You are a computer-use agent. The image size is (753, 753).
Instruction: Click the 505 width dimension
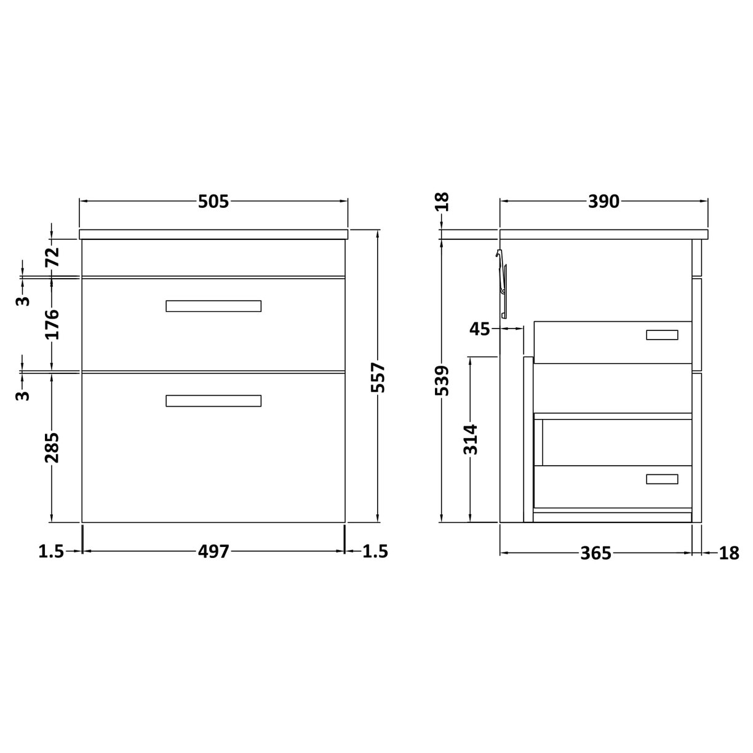coord(213,202)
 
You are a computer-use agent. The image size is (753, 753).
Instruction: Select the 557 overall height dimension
coord(378,376)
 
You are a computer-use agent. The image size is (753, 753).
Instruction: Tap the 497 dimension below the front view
coord(213,552)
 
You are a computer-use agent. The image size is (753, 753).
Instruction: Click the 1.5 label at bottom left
coord(51,552)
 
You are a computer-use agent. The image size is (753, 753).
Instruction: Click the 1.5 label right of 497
coord(375,552)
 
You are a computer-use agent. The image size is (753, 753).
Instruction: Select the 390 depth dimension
coord(604,202)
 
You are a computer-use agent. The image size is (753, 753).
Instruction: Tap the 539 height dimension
coord(442,380)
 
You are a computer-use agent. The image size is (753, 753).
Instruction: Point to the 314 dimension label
coord(471,439)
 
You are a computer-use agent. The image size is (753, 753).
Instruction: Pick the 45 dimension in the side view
coord(480,329)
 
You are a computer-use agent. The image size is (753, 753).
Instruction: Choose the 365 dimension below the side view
coord(596,553)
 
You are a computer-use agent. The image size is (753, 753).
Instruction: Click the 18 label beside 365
coord(728,553)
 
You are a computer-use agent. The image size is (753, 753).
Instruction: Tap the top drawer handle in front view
coord(213,306)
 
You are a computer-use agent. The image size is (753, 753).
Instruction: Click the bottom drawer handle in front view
coord(213,400)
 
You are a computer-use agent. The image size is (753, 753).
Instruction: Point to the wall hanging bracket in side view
coord(502,283)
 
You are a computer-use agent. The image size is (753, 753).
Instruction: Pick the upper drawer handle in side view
coord(662,335)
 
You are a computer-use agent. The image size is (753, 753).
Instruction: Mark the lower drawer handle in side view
coord(662,479)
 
